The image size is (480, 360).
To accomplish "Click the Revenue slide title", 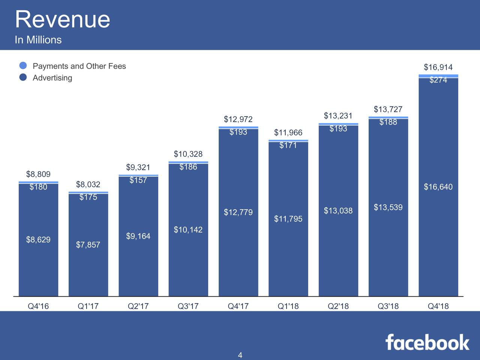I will click(x=62, y=19).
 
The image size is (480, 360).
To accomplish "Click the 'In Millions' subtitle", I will click(x=38, y=40).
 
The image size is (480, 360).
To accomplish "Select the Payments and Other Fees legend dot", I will click(x=23, y=66).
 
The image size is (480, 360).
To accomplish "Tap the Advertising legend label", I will click(x=52, y=78).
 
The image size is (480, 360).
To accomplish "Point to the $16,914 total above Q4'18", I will click(x=438, y=67).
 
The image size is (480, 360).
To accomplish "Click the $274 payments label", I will click(x=438, y=80).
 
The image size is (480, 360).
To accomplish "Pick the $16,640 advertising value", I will click(x=438, y=187).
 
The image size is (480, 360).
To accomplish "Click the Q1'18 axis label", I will click(x=288, y=306).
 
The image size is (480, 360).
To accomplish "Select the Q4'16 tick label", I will click(x=38, y=306).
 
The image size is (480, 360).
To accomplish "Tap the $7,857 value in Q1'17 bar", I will click(x=88, y=245).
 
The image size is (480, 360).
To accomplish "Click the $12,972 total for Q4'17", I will click(x=238, y=119).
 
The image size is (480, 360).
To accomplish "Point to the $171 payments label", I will click(x=288, y=145).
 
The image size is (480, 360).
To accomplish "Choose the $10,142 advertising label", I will click(x=188, y=229).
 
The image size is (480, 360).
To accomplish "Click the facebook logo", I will click(x=427, y=342).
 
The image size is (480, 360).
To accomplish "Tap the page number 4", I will click(x=240, y=355).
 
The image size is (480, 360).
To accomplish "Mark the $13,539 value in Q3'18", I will click(x=388, y=207).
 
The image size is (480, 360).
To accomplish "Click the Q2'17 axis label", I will click(x=138, y=306).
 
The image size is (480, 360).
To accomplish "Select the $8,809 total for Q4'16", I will click(x=38, y=174).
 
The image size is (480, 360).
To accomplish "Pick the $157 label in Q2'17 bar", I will click(x=138, y=180).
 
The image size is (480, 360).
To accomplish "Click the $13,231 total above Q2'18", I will click(x=338, y=115).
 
